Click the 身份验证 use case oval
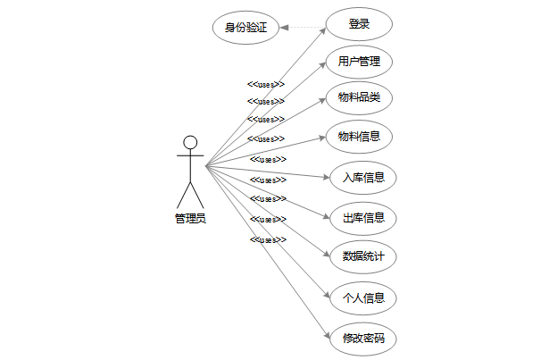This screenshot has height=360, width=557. pyautogui.click(x=245, y=27)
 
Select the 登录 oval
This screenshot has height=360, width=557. pyautogui.click(x=359, y=24)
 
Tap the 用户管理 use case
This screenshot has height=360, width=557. pyautogui.click(x=359, y=62)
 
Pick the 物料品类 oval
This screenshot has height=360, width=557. pyautogui.click(x=359, y=96)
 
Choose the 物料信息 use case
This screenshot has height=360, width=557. pyautogui.click(x=359, y=137)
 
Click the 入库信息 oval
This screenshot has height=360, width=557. pyautogui.click(x=363, y=177)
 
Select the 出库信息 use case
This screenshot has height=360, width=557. pyautogui.click(x=363, y=217)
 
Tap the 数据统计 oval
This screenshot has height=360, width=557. pyautogui.click(x=363, y=256)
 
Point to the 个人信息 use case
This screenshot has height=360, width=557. pyautogui.click(x=363, y=297)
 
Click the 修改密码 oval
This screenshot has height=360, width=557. pyautogui.click(x=363, y=338)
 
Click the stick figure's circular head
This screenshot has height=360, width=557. pyautogui.click(x=189, y=142)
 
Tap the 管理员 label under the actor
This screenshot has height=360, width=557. pyautogui.click(x=190, y=217)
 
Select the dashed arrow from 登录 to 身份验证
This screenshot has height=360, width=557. pyautogui.click(x=303, y=27)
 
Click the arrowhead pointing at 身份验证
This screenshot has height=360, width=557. pyautogui.click(x=284, y=27)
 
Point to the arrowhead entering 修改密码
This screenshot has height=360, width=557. pyautogui.click(x=328, y=333)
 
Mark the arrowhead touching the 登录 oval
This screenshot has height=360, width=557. pyautogui.click(x=324, y=29)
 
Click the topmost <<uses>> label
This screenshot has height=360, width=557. pyautogui.click(x=266, y=85)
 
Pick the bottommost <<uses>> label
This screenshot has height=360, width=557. pyautogui.click(x=268, y=240)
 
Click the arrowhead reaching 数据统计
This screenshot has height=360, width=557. pyautogui.click(x=327, y=254)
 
